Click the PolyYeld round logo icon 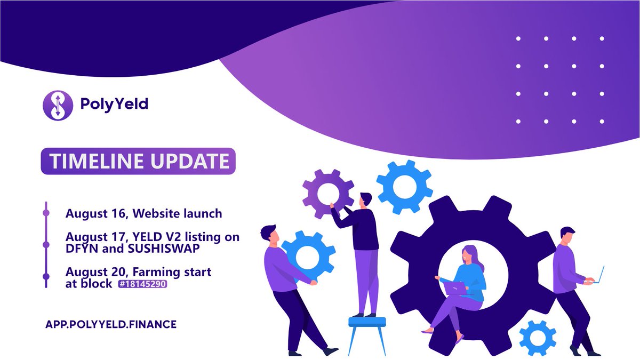[x=57, y=105]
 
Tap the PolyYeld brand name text [x=114, y=105]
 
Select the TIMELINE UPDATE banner [x=138, y=161]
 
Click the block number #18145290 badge [x=143, y=285]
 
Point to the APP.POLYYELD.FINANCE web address [x=110, y=324]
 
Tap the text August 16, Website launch [x=143, y=213]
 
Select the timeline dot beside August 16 [x=46, y=213]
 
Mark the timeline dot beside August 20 [x=46, y=276]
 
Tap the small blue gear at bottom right [x=537, y=337]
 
